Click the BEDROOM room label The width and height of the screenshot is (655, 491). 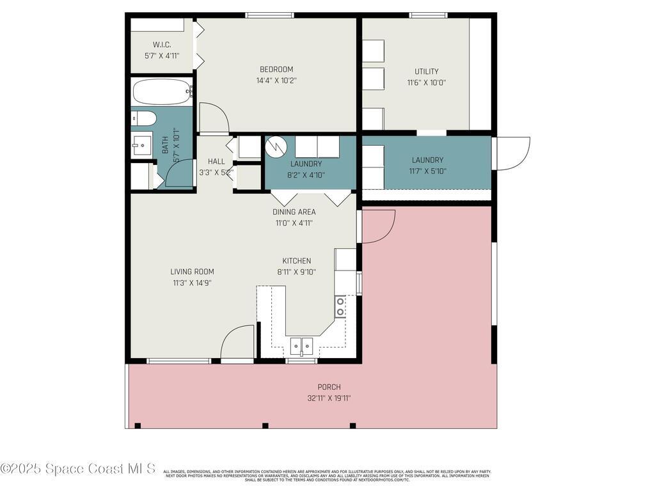tap(276, 70)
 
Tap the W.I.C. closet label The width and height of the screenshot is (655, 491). tap(161, 45)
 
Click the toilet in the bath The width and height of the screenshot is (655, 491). tap(144, 118)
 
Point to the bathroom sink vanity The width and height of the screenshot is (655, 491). tap(142, 145)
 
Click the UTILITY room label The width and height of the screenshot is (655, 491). tap(426, 72)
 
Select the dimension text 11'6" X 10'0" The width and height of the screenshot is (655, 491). tap(426, 82)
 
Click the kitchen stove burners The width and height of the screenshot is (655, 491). tap(340, 306)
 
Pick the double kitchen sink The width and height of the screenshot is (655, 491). tap(301, 346)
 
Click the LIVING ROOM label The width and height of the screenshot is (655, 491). tap(192, 272)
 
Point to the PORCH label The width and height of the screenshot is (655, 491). tap(329, 387)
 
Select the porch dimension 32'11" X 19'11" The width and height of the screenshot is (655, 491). tap(329, 398)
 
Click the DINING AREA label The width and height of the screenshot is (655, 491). tap(294, 212)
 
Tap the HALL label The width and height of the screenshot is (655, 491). tap(216, 161)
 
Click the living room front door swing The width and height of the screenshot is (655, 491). tap(238, 343)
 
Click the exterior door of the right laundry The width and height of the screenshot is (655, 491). tap(512, 153)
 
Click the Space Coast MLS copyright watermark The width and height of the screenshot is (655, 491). tap(78, 469)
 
